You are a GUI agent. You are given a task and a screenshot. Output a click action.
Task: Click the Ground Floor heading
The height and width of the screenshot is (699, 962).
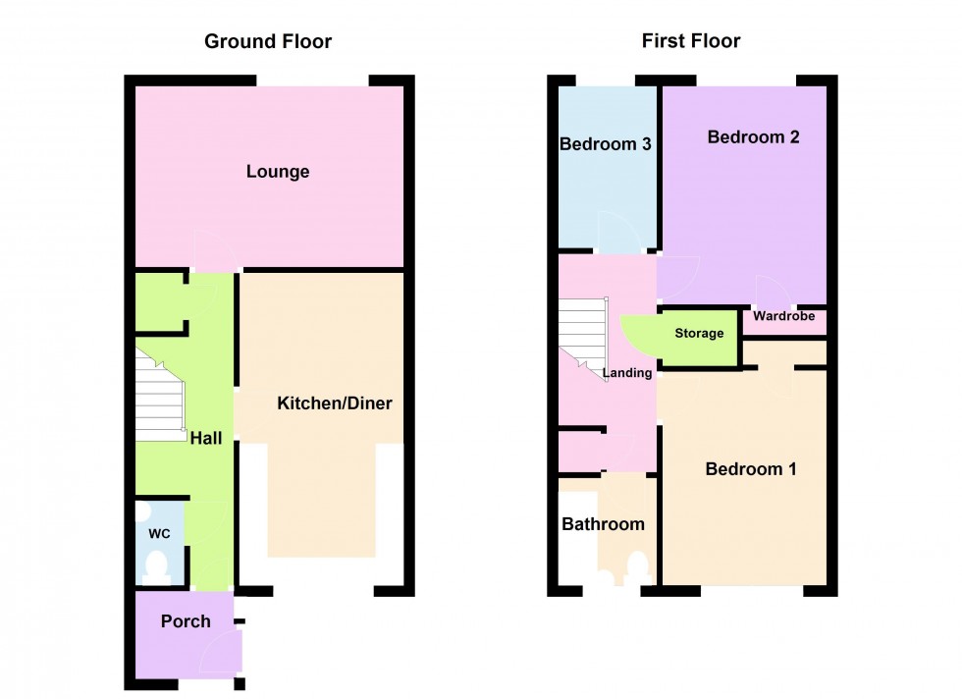267,41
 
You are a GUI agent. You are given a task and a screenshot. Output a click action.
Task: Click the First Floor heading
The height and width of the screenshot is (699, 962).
691,40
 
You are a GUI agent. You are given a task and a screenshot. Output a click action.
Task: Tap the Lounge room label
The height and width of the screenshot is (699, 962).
277,171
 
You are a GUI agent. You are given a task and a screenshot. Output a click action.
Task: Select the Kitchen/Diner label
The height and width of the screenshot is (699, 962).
335,403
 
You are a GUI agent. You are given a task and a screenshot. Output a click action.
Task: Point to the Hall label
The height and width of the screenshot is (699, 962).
206,438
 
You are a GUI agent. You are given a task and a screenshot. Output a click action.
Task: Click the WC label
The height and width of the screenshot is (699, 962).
159,533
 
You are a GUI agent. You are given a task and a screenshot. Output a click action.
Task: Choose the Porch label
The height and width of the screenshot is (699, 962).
186,621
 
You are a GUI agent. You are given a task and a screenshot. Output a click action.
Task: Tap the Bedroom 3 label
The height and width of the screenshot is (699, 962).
605,143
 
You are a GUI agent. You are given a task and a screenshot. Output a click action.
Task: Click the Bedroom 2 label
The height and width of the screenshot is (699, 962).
754,136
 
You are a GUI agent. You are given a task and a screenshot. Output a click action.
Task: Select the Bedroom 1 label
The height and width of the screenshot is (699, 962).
751,469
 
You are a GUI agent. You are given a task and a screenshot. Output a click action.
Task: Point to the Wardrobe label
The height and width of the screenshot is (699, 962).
784,315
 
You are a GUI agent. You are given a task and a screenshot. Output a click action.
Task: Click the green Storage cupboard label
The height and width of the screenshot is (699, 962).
699,333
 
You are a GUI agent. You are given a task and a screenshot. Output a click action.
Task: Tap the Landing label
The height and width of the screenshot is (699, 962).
627,372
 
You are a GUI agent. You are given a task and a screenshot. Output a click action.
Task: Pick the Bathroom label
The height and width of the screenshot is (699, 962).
603,523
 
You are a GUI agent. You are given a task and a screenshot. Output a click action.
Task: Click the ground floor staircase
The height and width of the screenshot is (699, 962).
160,395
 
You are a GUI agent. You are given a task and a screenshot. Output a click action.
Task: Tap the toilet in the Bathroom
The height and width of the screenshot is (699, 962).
637,568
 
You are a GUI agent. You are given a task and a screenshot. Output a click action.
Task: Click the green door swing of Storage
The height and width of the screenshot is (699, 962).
639,336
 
